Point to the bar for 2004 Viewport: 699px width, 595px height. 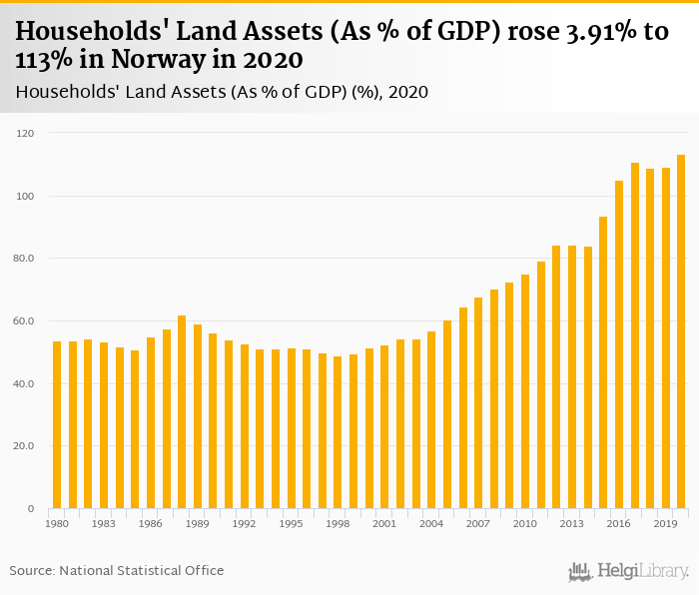tap(431, 420)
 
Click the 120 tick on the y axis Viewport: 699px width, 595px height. tap(25, 133)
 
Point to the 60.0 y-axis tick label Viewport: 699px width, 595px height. tap(23, 321)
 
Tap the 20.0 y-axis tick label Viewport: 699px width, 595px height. tap(23, 446)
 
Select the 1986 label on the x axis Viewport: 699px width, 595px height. tap(151, 524)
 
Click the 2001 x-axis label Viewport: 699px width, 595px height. tap(384, 524)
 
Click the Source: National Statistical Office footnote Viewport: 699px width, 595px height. tap(117, 570)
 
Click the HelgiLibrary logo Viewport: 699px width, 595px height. tap(628, 572)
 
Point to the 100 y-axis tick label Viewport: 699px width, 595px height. tap(25, 196)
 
